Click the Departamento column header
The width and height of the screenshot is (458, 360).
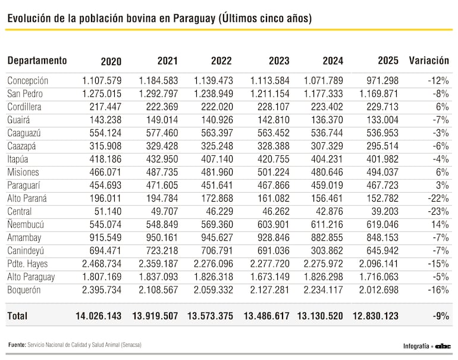[37, 61]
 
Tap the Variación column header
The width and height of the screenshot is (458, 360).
[429, 61]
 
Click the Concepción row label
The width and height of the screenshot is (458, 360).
[28, 80]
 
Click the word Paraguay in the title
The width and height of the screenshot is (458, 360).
[193, 18]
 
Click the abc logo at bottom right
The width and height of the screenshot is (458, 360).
[443, 346]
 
